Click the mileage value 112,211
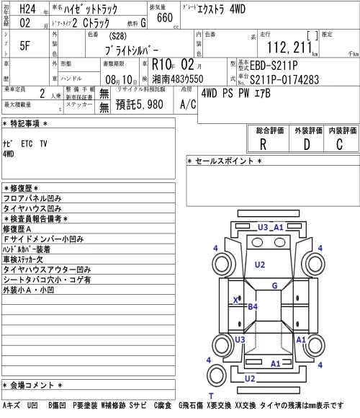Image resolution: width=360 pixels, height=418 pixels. (289, 48)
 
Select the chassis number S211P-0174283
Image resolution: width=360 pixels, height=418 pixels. (284, 79)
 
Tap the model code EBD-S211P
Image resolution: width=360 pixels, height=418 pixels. (274, 66)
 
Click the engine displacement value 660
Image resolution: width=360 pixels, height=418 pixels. (165, 17)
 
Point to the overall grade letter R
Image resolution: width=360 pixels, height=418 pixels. (263, 144)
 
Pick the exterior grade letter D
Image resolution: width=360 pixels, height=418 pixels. (307, 144)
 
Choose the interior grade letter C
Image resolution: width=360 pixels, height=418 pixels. (339, 144)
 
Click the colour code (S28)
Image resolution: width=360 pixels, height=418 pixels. (117, 36)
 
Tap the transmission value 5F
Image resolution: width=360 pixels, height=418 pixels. (24, 45)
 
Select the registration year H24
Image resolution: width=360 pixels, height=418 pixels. (27, 9)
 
